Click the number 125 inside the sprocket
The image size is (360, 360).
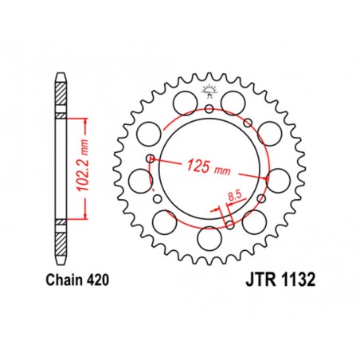point(198,166)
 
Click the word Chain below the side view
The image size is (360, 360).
point(56,280)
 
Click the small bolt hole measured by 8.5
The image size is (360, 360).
point(229,223)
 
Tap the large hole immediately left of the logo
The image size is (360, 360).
point(185,100)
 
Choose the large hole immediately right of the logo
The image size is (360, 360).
point(235,100)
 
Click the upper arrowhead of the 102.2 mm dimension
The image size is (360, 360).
point(84,119)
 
